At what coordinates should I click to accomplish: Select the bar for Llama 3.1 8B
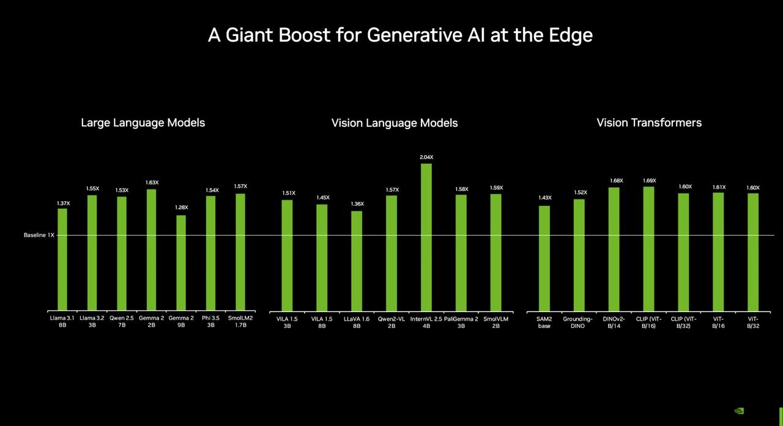62,260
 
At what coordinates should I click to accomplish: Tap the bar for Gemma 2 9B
181,263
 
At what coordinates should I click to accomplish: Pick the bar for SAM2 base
544,258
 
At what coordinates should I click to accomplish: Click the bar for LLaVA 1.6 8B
357,261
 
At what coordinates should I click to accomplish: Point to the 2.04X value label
426,157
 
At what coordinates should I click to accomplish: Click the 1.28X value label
181,207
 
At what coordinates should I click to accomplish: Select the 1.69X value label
649,181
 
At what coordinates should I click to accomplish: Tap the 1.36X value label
357,204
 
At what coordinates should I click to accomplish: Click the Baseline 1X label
39,235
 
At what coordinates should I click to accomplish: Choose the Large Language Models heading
143,122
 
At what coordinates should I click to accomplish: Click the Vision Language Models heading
395,123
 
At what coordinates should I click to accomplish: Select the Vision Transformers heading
649,122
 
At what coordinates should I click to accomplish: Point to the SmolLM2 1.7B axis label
240,322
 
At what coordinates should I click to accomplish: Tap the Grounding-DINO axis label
578,323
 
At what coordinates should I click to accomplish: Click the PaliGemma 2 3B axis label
461,323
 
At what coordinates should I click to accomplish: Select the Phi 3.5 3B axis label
210,322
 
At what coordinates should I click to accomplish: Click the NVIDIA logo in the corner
739,411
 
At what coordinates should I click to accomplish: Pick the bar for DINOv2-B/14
614,249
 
